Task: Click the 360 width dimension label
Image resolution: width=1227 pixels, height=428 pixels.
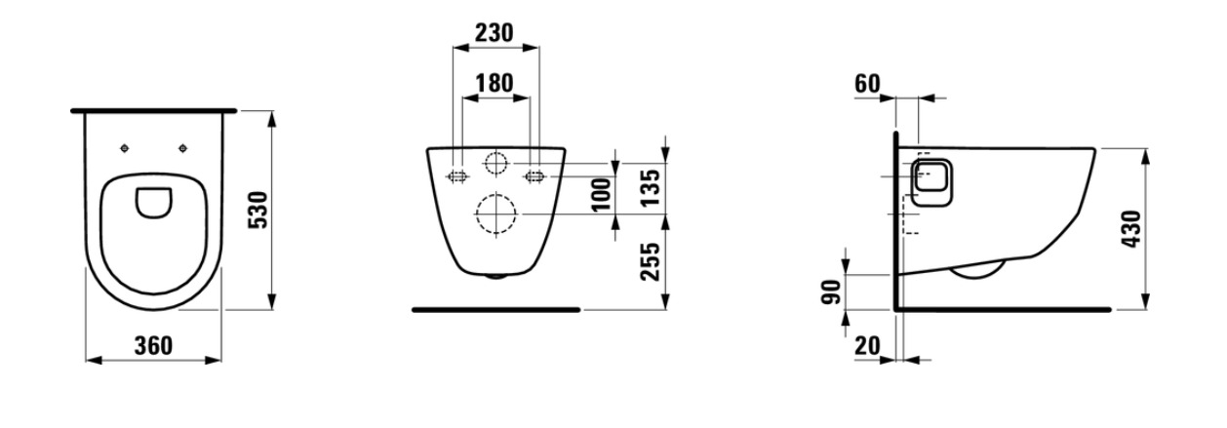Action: coord(153,346)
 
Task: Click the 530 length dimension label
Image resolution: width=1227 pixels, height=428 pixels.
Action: coord(258,210)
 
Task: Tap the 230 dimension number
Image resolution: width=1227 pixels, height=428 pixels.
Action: coord(495,33)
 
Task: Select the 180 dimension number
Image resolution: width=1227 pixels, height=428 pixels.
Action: coord(495,83)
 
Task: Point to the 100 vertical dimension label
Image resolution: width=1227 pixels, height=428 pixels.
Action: coord(602,194)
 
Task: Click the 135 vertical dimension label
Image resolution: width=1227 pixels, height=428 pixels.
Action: coord(652,188)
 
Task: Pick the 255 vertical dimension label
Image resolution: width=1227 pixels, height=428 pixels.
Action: coord(652,261)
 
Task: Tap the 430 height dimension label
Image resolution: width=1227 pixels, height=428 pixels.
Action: coord(1132,229)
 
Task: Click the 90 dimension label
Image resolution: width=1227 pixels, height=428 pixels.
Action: coord(832,292)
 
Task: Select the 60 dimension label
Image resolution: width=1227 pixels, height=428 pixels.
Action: coord(867,84)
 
